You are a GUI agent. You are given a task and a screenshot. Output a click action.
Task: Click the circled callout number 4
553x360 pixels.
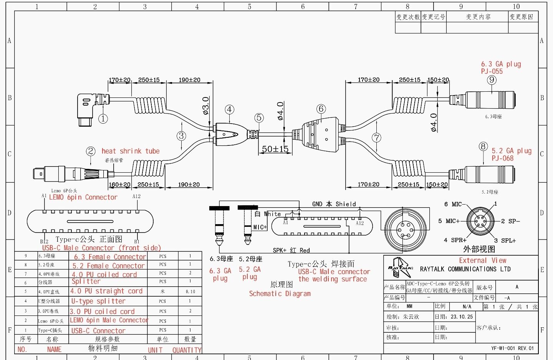[229, 109]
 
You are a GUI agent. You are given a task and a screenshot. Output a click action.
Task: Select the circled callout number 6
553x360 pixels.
[321, 109]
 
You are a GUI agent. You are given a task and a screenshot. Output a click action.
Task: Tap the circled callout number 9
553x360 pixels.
[492, 80]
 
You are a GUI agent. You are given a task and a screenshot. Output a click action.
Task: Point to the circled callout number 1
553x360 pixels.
[103, 119]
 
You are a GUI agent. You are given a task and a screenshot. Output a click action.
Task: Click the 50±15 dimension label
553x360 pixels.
[275, 149]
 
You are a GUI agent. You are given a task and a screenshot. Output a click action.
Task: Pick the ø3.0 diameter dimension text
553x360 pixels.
[206, 106]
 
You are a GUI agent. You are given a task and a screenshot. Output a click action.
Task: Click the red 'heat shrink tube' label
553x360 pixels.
[131, 151]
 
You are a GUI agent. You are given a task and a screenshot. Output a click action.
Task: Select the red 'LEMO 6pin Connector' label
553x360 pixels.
[83, 197]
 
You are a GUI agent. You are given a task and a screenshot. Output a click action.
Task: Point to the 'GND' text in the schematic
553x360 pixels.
[317, 204]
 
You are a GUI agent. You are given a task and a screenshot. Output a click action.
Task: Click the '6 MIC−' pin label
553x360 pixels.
[455, 204]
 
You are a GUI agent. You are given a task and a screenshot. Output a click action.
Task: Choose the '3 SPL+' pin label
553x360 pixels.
[505, 241]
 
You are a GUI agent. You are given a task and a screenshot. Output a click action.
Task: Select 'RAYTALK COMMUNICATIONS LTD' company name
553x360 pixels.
[465, 269]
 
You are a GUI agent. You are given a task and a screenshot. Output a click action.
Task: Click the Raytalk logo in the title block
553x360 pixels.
[400, 268]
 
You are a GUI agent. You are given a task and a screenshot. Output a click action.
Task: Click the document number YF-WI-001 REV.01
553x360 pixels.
[512, 348]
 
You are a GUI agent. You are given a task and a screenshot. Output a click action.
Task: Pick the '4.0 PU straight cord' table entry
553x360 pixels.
[106, 291]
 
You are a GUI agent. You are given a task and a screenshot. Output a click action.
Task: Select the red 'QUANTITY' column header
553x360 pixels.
[187, 350]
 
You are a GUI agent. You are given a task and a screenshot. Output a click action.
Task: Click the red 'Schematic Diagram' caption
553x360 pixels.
[280, 294]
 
